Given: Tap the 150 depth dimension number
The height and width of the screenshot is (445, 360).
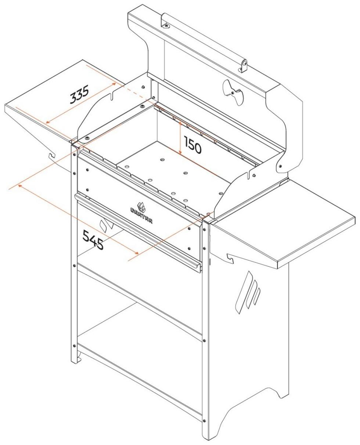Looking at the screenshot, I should pos(193,146).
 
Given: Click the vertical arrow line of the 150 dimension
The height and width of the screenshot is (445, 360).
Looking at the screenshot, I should pos(180,138).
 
